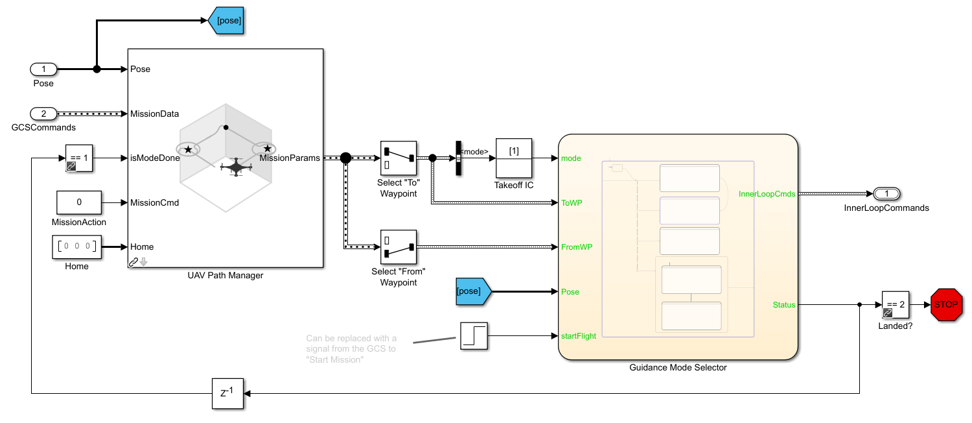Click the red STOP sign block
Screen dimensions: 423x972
[x=947, y=304]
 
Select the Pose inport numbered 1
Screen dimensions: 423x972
[x=44, y=69]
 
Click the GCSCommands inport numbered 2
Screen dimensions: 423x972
[x=44, y=114]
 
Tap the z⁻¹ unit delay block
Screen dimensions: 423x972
[x=227, y=393]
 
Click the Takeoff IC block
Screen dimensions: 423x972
[x=514, y=158]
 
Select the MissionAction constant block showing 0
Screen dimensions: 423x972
[x=79, y=202]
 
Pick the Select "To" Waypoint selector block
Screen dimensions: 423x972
[x=399, y=158]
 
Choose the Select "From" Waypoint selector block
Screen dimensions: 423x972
[x=399, y=247]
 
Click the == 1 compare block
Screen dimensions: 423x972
[x=79, y=158]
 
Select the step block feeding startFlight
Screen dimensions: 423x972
[x=474, y=336]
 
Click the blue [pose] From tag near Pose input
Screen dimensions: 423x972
[x=472, y=291]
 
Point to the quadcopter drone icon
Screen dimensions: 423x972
[x=235, y=167]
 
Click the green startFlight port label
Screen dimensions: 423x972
[x=579, y=336]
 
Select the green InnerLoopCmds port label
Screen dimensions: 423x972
[x=767, y=193]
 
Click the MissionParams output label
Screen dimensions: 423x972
[x=289, y=158]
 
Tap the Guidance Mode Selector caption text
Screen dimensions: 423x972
[x=678, y=367]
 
